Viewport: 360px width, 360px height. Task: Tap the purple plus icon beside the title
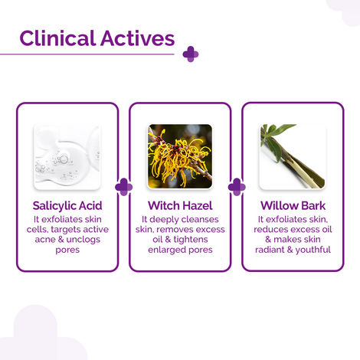pyautogui.click(x=191, y=54)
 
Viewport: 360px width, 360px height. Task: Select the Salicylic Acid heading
pyautogui.click(x=67, y=206)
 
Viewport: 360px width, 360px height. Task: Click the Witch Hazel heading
pyautogui.click(x=180, y=206)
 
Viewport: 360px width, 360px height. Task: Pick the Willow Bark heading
pyautogui.click(x=293, y=206)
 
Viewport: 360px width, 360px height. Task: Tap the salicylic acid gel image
pyautogui.click(x=67, y=157)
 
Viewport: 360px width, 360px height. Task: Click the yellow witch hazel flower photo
pyautogui.click(x=180, y=157)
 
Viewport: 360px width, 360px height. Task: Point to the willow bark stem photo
pyautogui.click(x=293, y=157)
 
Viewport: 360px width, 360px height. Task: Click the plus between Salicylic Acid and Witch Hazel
pyautogui.click(x=123, y=187)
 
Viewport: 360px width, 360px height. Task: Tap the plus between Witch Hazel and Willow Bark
pyautogui.click(x=237, y=187)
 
